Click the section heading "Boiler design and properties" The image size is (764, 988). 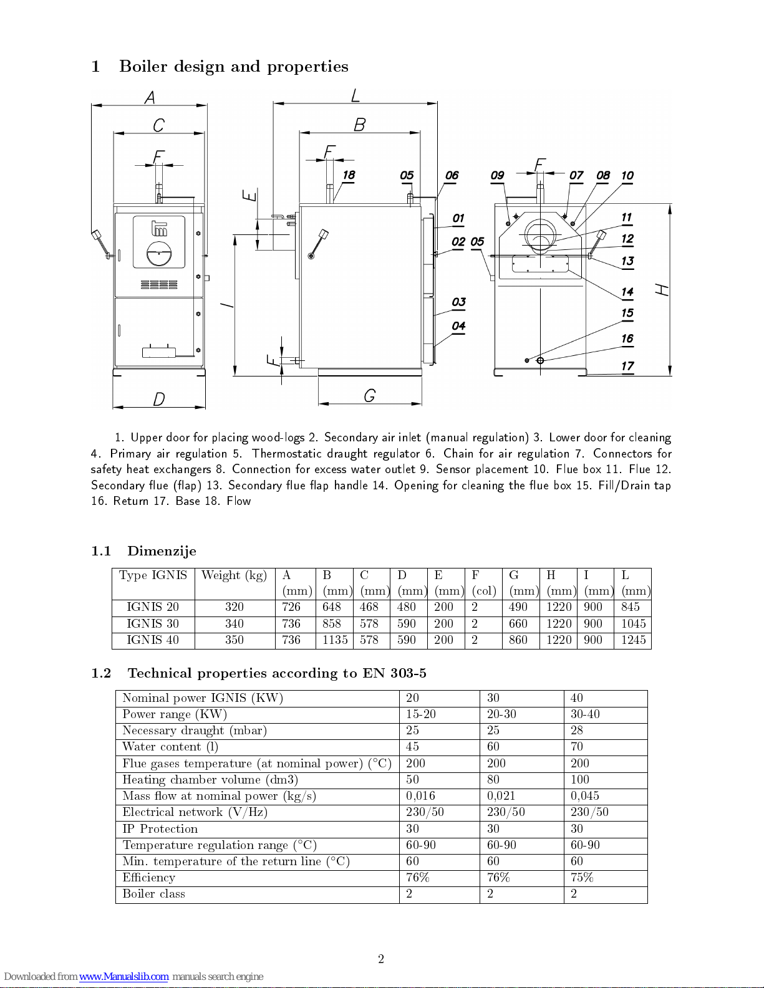[233, 67]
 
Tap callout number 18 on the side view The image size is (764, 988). [349, 175]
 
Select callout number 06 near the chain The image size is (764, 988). [452, 176]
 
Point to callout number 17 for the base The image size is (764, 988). [627, 367]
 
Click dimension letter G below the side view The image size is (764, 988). [370, 396]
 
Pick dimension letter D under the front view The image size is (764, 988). [159, 399]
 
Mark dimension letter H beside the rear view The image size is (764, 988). [662, 290]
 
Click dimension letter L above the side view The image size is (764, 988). [355, 95]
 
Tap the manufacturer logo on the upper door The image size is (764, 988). [159, 229]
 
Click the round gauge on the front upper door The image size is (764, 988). [158, 253]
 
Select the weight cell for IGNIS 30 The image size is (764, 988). [235, 624]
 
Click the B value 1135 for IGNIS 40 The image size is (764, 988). [335, 640]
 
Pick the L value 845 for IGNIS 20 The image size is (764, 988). [630, 607]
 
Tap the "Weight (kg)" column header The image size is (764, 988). [235, 575]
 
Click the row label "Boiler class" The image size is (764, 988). [153, 894]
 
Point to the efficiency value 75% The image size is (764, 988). [582, 878]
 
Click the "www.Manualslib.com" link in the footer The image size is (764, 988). [123, 977]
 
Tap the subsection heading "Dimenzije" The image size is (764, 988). [162, 551]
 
